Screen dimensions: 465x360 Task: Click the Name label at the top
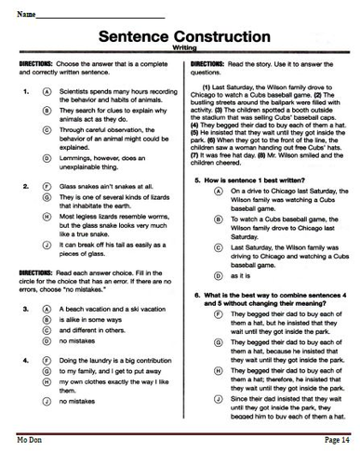click(x=25, y=16)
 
